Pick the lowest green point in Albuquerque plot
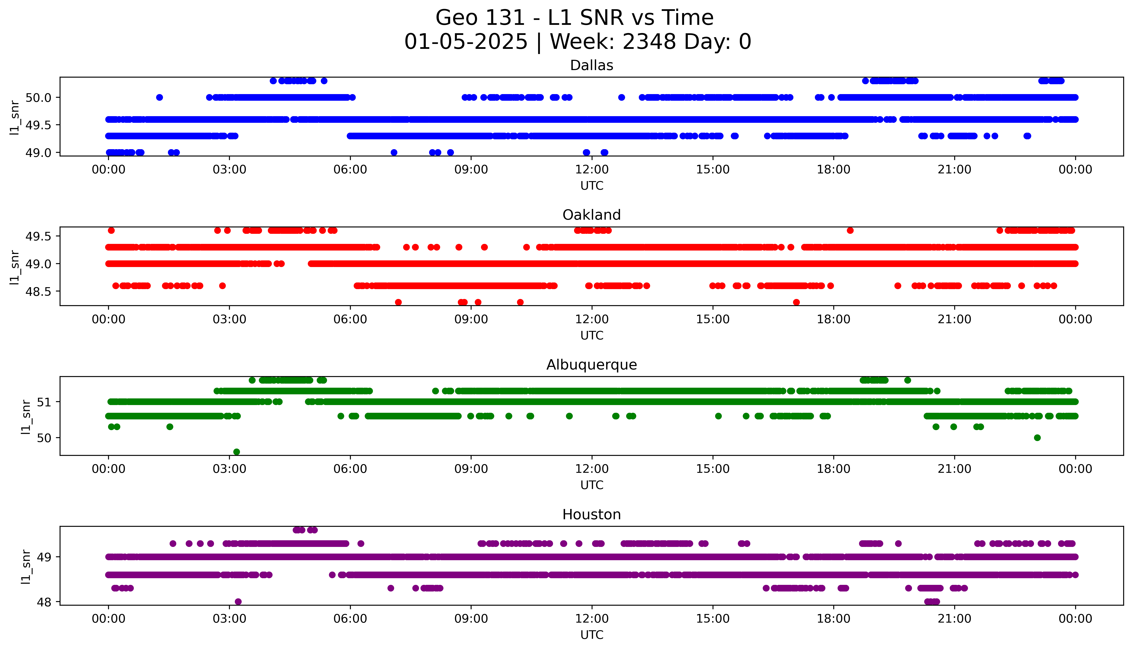pos(237,452)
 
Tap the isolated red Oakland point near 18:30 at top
pos(850,230)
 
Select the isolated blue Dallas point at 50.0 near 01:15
pos(159,97)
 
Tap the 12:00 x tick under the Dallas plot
pos(592,170)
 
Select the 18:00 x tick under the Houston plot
pos(833,619)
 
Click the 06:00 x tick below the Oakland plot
pos(350,319)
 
